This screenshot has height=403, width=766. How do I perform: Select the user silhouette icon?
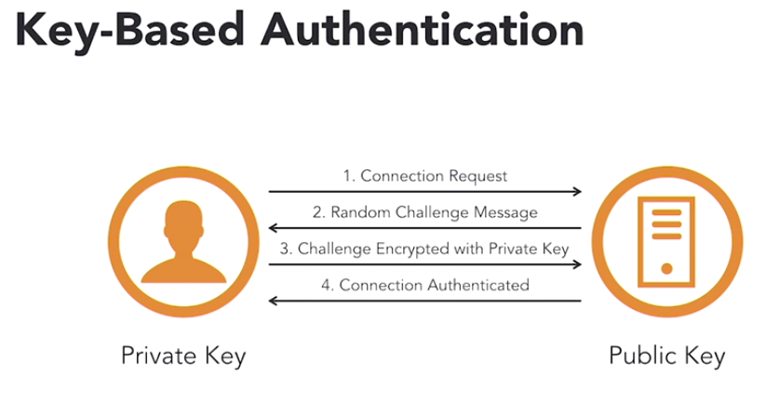pyautogui.click(x=182, y=245)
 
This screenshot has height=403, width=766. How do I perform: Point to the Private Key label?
pyautogui.click(x=183, y=356)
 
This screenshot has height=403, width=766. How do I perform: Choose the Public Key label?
pyautogui.click(x=665, y=356)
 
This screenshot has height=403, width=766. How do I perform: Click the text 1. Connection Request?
pyautogui.click(x=424, y=175)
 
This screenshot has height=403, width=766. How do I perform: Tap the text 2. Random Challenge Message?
pyautogui.click(x=424, y=212)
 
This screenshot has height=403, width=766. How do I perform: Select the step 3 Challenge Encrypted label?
pyautogui.click(x=424, y=249)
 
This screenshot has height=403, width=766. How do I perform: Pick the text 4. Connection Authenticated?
pyautogui.click(x=424, y=285)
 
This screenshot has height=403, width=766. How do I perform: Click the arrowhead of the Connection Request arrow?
pyautogui.click(x=577, y=192)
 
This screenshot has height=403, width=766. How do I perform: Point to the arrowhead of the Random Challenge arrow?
pyautogui.click(x=273, y=228)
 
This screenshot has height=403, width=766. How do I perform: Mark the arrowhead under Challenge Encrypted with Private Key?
pyautogui.click(x=577, y=264)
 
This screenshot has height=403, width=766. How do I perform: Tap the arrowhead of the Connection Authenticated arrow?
pyautogui.click(x=273, y=301)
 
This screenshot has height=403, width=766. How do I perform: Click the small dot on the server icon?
pyautogui.click(x=665, y=269)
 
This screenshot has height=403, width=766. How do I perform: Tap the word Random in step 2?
pyautogui.click(x=357, y=212)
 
